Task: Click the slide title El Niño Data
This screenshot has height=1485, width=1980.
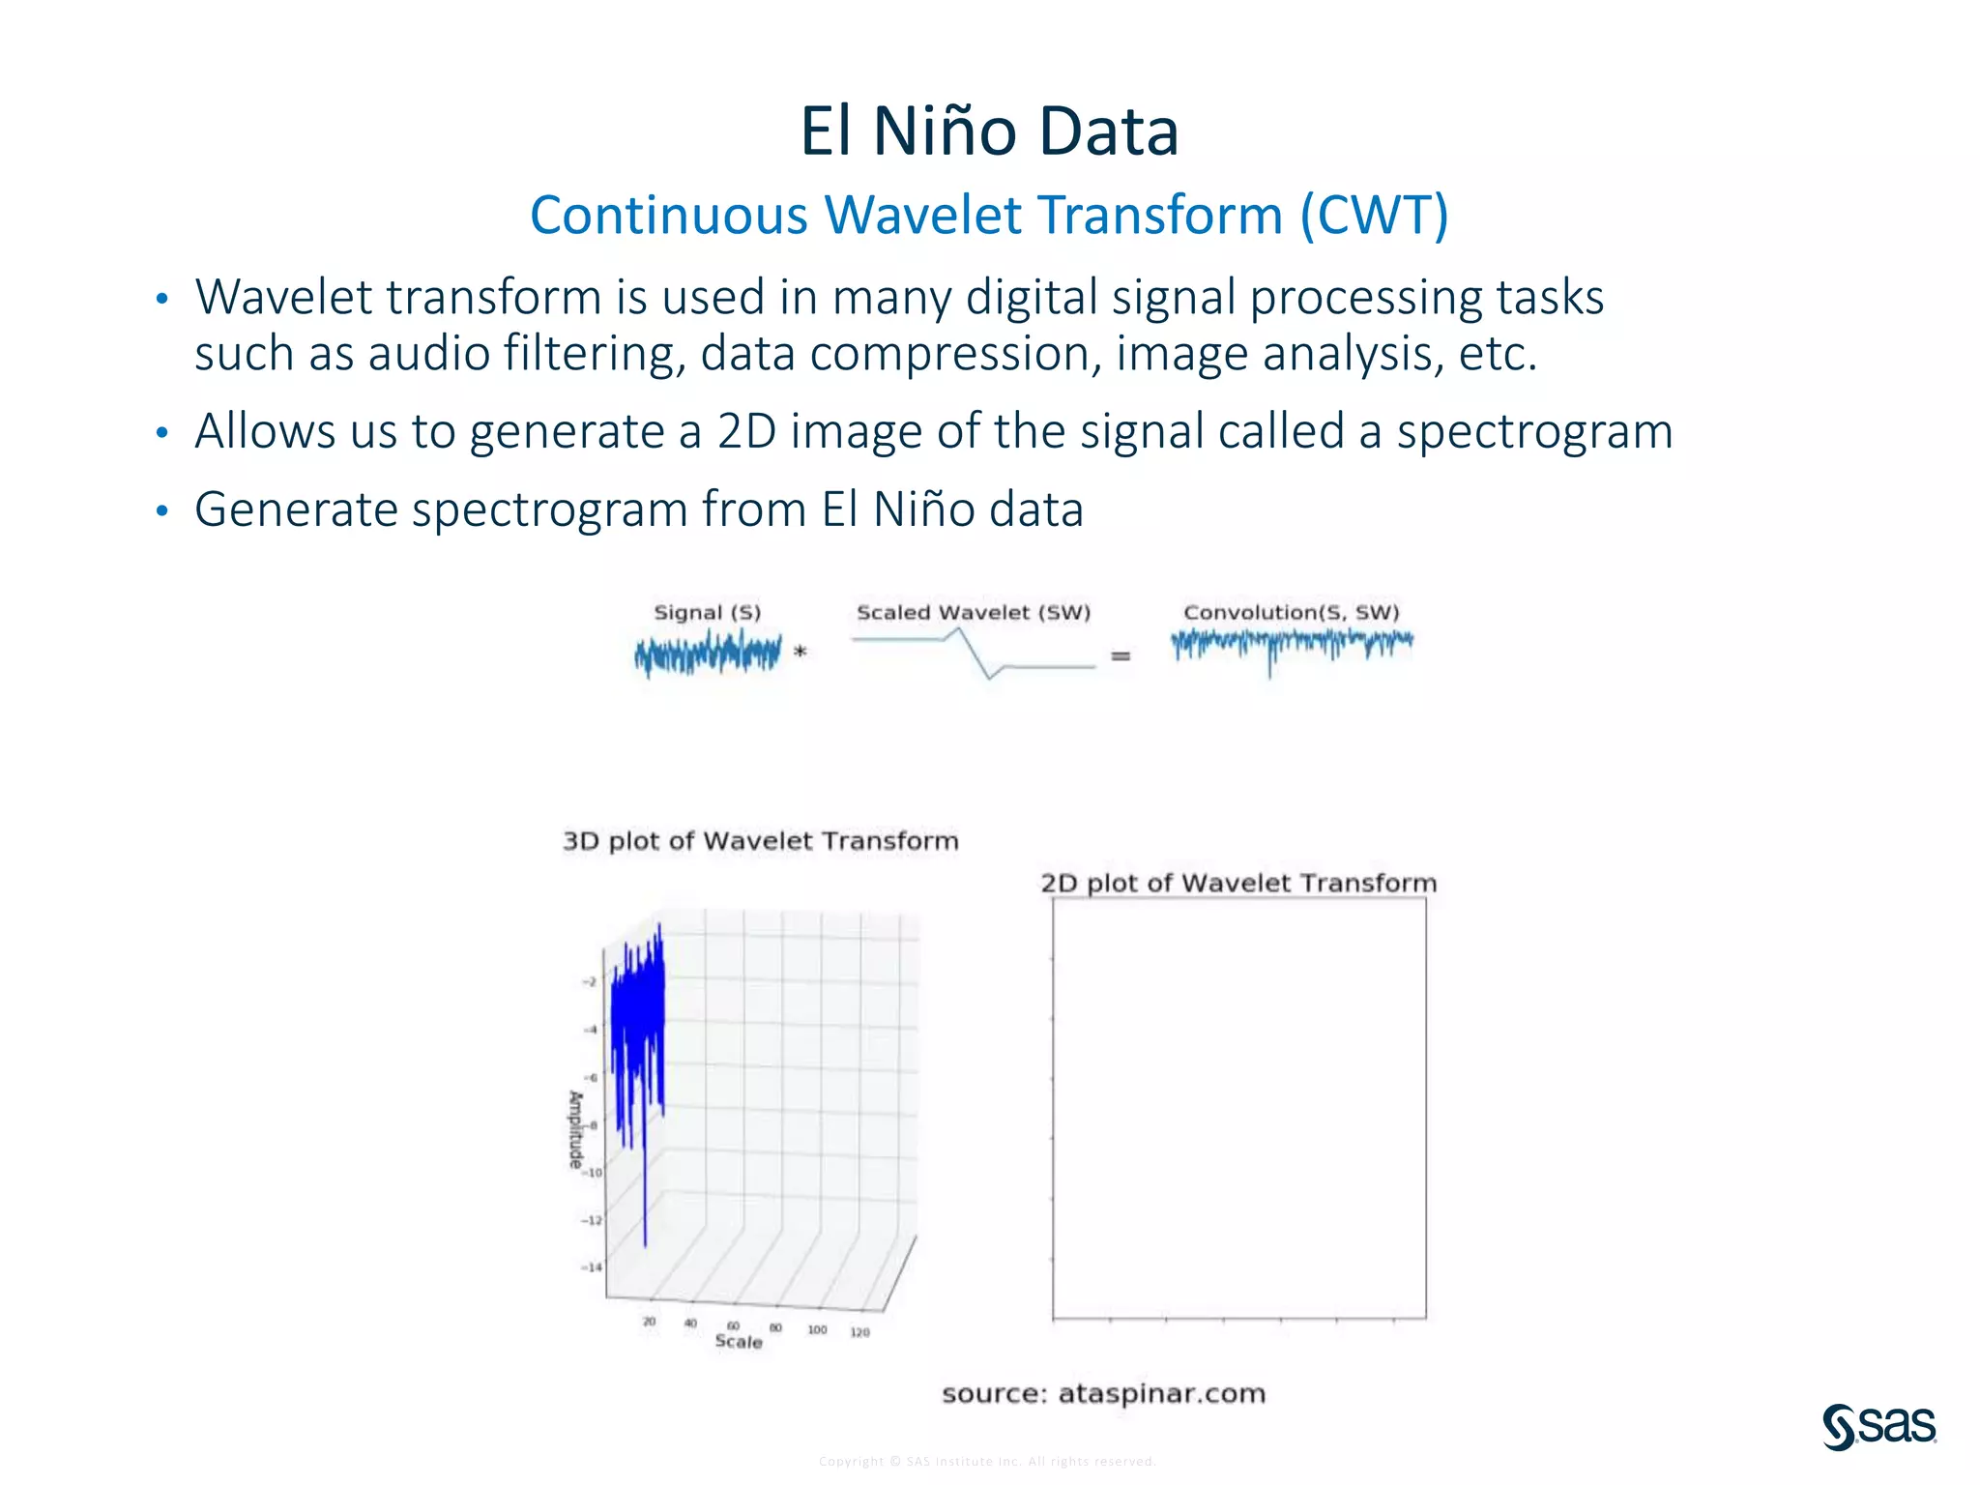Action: [x=989, y=131]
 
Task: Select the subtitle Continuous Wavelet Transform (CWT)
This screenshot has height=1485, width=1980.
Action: [x=989, y=215]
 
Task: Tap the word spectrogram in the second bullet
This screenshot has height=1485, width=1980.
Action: [x=1534, y=431]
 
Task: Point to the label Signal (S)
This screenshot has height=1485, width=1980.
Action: [x=707, y=613]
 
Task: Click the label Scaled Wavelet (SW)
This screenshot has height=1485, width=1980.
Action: [x=973, y=613]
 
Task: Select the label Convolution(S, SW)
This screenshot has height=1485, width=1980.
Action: [x=1291, y=613]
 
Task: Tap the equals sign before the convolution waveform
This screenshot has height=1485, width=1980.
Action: [x=1121, y=656]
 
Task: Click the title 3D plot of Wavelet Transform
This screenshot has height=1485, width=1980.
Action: [x=760, y=841]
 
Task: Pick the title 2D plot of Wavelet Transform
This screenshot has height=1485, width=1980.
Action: [x=1238, y=884]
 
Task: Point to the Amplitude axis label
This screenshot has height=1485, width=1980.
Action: [x=576, y=1129]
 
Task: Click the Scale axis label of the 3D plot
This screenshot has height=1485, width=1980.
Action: [x=739, y=1342]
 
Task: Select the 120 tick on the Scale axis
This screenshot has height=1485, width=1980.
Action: [x=859, y=1333]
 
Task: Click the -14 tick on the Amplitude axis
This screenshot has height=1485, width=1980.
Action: [x=591, y=1267]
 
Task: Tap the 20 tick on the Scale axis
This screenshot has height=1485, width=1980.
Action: [x=649, y=1322]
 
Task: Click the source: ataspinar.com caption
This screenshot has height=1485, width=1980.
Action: [x=1103, y=1394]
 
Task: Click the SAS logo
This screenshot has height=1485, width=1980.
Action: [x=1878, y=1427]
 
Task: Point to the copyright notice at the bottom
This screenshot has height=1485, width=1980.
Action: [x=987, y=1462]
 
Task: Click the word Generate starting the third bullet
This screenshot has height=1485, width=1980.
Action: [x=296, y=510]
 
